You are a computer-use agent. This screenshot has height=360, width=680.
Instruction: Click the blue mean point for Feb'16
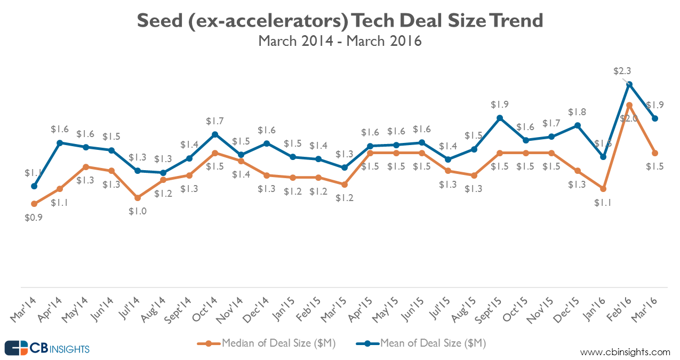630,84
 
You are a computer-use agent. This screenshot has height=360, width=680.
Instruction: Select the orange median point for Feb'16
630,105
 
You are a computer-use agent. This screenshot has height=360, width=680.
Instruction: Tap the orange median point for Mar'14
34,204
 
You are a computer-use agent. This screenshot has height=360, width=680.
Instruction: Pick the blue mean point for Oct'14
215,134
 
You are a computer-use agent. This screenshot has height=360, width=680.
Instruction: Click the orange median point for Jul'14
138,198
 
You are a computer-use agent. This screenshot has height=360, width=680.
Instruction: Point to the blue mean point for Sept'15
500,118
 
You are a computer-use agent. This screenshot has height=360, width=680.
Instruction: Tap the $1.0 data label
138,211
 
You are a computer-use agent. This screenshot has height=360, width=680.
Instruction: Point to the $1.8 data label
577,112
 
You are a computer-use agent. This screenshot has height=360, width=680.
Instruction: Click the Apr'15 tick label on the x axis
364,308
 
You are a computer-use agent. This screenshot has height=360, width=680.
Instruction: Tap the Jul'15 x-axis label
442,308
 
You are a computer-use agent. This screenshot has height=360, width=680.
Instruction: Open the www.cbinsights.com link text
625,352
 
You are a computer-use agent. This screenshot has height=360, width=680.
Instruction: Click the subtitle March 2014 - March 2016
340,41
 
